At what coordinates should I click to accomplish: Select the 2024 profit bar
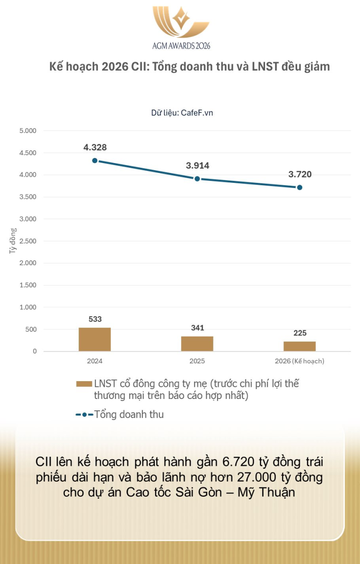pos(94,339)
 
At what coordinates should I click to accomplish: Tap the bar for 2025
pos(197,344)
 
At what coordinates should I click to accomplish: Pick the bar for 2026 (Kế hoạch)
pos(300,346)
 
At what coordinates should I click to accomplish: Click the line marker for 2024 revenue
pos(95,160)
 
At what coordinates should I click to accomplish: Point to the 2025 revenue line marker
pos(197,179)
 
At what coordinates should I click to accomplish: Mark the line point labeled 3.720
pos(300,187)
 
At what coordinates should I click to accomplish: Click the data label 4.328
pos(95,147)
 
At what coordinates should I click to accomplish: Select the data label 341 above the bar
pos(197,328)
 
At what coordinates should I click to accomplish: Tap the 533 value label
pos(95,319)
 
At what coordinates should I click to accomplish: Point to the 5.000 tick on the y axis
pos(27,131)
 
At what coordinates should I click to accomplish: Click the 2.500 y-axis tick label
pos(27,241)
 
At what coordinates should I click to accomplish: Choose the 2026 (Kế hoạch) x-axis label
pos(300,361)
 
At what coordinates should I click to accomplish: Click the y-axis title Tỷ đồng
pos(13,241)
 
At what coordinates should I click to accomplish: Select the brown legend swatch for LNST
pos(84,384)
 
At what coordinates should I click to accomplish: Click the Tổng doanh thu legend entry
pos(128,415)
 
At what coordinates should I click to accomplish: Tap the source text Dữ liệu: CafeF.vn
pos(182,113)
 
